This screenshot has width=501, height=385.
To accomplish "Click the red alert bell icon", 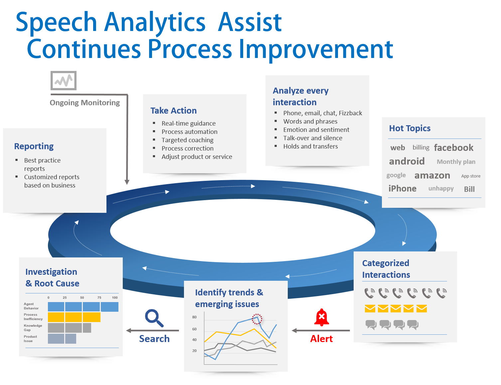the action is (x=321, y=318).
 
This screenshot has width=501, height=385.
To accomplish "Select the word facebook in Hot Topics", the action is (x=453, y=148).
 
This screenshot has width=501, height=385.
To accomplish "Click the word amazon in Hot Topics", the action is (x=432, y=176).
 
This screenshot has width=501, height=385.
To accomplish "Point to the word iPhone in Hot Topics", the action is (x=402, y=189).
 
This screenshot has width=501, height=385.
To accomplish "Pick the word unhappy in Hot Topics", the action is (x=441, y=189).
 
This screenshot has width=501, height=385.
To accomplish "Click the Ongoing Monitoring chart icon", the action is (x=64, y=81).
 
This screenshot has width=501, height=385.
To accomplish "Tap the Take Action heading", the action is (x=173, y=111).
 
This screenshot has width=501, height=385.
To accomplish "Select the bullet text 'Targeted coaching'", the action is (x=187, y=140).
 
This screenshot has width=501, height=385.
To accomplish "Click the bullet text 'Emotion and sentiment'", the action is (x=316, y=130).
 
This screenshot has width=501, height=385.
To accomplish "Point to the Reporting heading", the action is (x=34, y=146).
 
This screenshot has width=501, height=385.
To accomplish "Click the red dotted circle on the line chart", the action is (x=256, y=319).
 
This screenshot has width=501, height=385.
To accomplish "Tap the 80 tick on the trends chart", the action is (x=194, y=317).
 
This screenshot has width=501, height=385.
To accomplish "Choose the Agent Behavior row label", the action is (x=31, y=306).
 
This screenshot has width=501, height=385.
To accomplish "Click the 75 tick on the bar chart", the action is (x=99, y=297).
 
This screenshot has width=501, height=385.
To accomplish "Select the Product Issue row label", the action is (x=30, y=339).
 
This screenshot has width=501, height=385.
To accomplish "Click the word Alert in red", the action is (x=321, y=339).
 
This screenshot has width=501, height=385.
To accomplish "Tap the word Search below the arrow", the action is (x=154, y=339).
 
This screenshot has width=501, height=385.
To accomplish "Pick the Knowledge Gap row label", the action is (x=33, y=327).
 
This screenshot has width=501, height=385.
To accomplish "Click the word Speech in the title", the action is (x=56, y=23).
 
